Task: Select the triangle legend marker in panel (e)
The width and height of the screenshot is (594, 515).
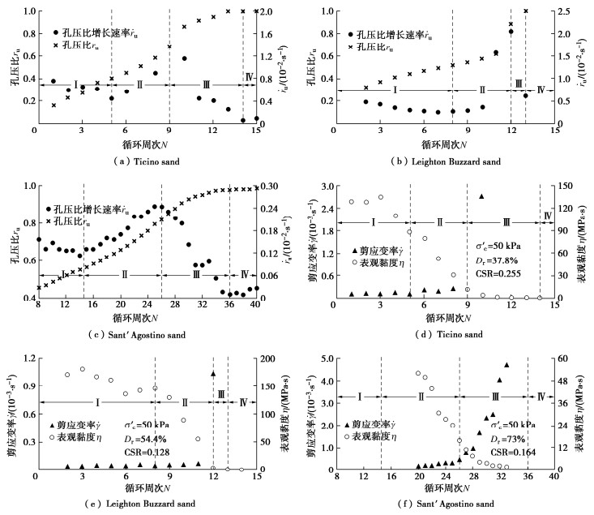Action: pos(53,425)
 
